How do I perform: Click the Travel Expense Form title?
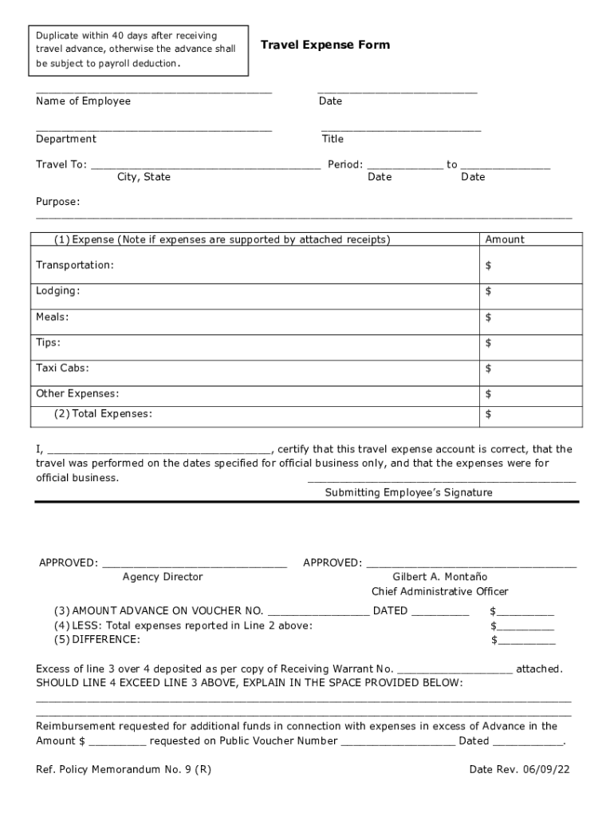(x=325, y=45)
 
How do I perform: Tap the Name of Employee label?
(x=83, y=101)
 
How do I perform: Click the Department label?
(x=65, y=139)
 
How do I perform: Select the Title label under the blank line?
(x=333, y=139)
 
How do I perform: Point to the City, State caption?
(x=144, y=177)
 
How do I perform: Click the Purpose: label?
(x=57, y=202)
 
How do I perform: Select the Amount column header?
(x=505, y=239)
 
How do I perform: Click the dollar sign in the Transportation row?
(x=488, y=266)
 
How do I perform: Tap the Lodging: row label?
(x=57, y=291)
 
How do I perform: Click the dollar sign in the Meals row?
(x=488, y=318)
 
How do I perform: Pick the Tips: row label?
(x=48, y=342)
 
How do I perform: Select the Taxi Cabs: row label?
(x=62, y=368)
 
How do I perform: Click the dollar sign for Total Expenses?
(x=488, y=414)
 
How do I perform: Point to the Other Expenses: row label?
(x=77, y=393)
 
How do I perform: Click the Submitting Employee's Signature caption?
(x=408, y=493)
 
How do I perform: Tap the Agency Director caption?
(x=163, y=577)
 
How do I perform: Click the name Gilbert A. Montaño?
(x=439, y=577)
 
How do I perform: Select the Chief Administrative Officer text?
(x=439, y=592)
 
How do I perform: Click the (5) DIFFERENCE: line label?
(x=96, y=640)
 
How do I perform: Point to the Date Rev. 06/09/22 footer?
(x=518, y=770)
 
